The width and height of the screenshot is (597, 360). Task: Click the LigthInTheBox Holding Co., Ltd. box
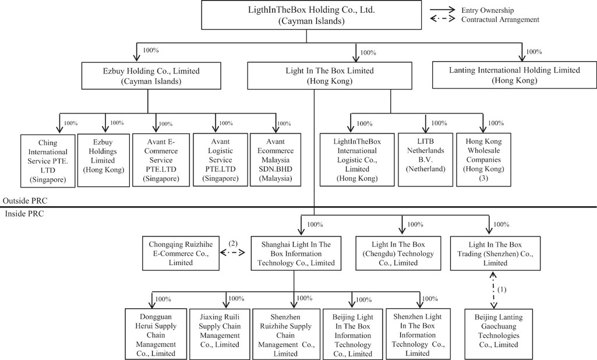312,15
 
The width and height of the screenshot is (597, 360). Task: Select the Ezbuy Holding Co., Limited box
151,76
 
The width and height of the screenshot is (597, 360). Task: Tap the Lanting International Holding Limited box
514,75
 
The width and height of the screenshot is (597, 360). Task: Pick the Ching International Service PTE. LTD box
48,161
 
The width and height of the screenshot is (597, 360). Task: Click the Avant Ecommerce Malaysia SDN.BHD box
275,160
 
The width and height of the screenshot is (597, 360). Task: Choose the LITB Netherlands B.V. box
426,160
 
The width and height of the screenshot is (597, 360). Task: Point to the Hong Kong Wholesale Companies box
483,160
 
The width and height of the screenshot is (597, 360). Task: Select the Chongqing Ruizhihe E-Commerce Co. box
181,253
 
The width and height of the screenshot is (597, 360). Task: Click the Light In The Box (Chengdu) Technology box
398,253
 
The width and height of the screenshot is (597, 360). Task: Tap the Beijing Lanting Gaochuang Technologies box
499,334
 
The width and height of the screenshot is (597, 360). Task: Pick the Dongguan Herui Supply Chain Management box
156,334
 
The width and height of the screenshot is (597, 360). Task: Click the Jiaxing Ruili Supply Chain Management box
220,334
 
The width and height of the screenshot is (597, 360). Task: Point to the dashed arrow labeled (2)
232,253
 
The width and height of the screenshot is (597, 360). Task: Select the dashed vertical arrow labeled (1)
493,290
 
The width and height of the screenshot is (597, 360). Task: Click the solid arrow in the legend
443,9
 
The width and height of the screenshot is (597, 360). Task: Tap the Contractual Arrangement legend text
500,19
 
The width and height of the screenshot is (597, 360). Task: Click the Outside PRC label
25,201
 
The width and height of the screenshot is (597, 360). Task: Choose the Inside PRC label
24,214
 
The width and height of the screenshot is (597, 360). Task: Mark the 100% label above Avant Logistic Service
226,123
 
